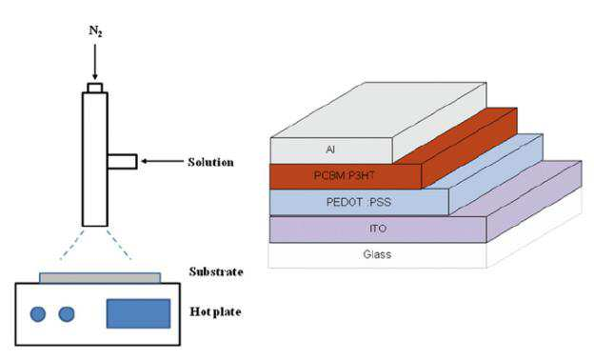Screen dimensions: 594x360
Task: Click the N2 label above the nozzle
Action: pyautogui.click(x=95, y=31)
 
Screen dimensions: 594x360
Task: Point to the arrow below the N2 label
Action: pyautogui.click(x=94, y=62)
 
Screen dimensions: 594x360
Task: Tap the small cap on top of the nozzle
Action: pyautogui.click(x=94, y=88)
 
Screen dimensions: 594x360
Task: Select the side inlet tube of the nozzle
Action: pyautogui.click(x=122, y=162)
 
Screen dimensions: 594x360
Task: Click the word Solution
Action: pyautogui.click(x=210, y=162)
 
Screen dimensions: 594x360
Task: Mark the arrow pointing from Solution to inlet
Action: pyautogui.click(x=162, y=162)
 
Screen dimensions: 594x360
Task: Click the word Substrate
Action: pyautogui.click(x=216, y=271)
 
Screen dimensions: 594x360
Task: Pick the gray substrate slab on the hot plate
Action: pyautogui.click(x=100, y=278)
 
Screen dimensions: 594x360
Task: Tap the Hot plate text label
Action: pyautogui.click(x=215, y=311)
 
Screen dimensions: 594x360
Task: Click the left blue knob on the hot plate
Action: pyautogui.click(x=38, y=314)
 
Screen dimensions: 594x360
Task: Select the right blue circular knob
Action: pyautogui.click(x=67, y=314)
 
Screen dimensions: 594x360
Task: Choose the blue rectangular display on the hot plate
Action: pyautogui.click(x=138, y=313)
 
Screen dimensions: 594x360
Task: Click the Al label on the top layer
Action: pyautogui.click(x=330, y=150)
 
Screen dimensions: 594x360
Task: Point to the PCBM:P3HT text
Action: pyautogui.click(x=345, y=175)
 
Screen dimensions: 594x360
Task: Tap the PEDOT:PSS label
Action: pyautogui.click(x=358, y=202)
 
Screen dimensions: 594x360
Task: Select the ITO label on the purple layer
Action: pyautogui.click(x=378, y=229)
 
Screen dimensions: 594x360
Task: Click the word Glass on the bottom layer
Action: pyautogui.click(x=377, y=254)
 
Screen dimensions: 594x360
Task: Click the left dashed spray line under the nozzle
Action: pyautogui.click(x=72, y=244)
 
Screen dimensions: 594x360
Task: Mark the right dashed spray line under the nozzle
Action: pyautogui.click(x=119, y=244)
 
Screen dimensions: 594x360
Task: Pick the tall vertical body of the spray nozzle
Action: pyautogui.click(x=94, y=159)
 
